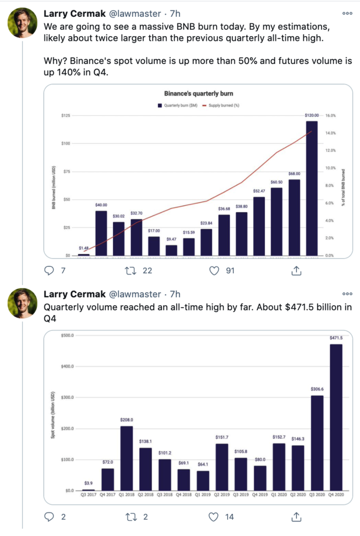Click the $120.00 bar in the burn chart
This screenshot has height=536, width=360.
[x=311, y=188]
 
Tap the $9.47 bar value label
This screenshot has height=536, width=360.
[x=171, y=240]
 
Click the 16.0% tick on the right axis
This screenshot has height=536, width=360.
[x=330, y=115]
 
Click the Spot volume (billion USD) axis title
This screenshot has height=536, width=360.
[x=53, y=413]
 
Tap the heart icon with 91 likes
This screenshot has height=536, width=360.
[x=213, y=271]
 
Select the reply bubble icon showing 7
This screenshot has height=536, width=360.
[x=49, y=271]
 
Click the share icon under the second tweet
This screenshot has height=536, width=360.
[x=295, y=517]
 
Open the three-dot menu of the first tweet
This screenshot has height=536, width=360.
[x=347, y=13]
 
